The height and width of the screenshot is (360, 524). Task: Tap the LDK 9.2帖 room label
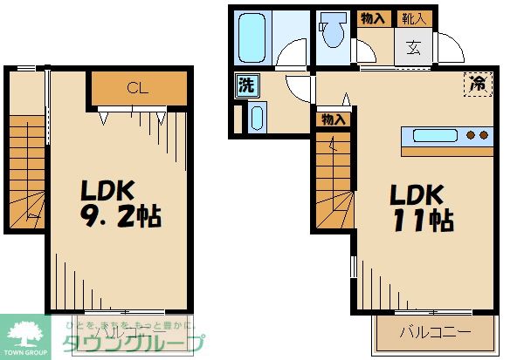pyautogui.click(x=121, y=204)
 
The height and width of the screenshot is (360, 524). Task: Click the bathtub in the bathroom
pyautogui.click(x=255, y=37)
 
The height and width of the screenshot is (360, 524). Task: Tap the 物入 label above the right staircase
pyautogui.click(x=333, y=119)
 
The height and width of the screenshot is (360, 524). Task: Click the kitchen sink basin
pyautogui.click(x=435, y=135)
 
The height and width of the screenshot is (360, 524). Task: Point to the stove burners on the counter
pyautogui.click(x=477, y=135)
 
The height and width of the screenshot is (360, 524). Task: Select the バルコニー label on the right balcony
pyautogui.click(x=434, y=332)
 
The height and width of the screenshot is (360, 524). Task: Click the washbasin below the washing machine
pyautogui.click(x=256, y=118)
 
